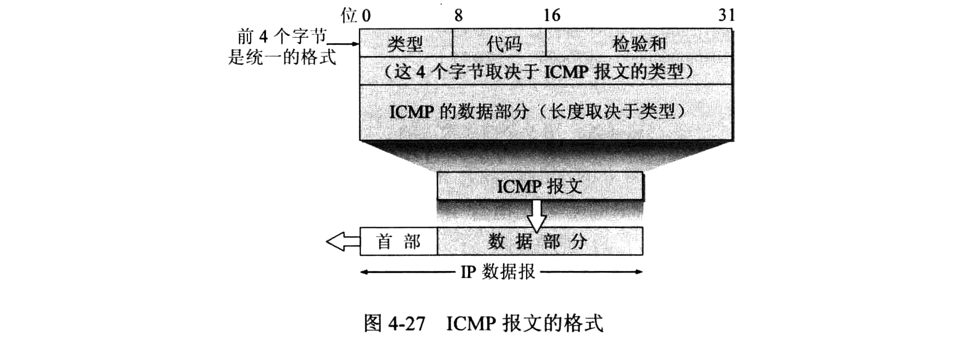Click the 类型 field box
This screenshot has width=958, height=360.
coord(405,43)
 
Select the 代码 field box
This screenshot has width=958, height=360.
coord(499,43)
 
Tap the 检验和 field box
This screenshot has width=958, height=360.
coord(638,43)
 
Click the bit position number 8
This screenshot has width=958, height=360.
coord(458,15)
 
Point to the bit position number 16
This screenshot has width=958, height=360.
coord(552,15)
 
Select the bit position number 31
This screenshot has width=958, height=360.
coord(726,15)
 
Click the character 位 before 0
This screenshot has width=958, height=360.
coord(349,15)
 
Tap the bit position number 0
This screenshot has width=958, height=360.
coord(366,15)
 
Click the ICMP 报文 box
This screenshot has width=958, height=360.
coord(540,186)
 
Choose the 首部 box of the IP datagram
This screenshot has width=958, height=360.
coord(399,241)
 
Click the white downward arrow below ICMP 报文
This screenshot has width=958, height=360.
coord(537,216)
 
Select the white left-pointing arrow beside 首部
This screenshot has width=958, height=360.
coord(343,241)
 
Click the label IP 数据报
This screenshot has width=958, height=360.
coord(498,271)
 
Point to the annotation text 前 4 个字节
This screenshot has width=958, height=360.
coord(281,37)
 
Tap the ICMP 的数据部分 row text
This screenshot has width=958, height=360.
coord(538,112)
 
